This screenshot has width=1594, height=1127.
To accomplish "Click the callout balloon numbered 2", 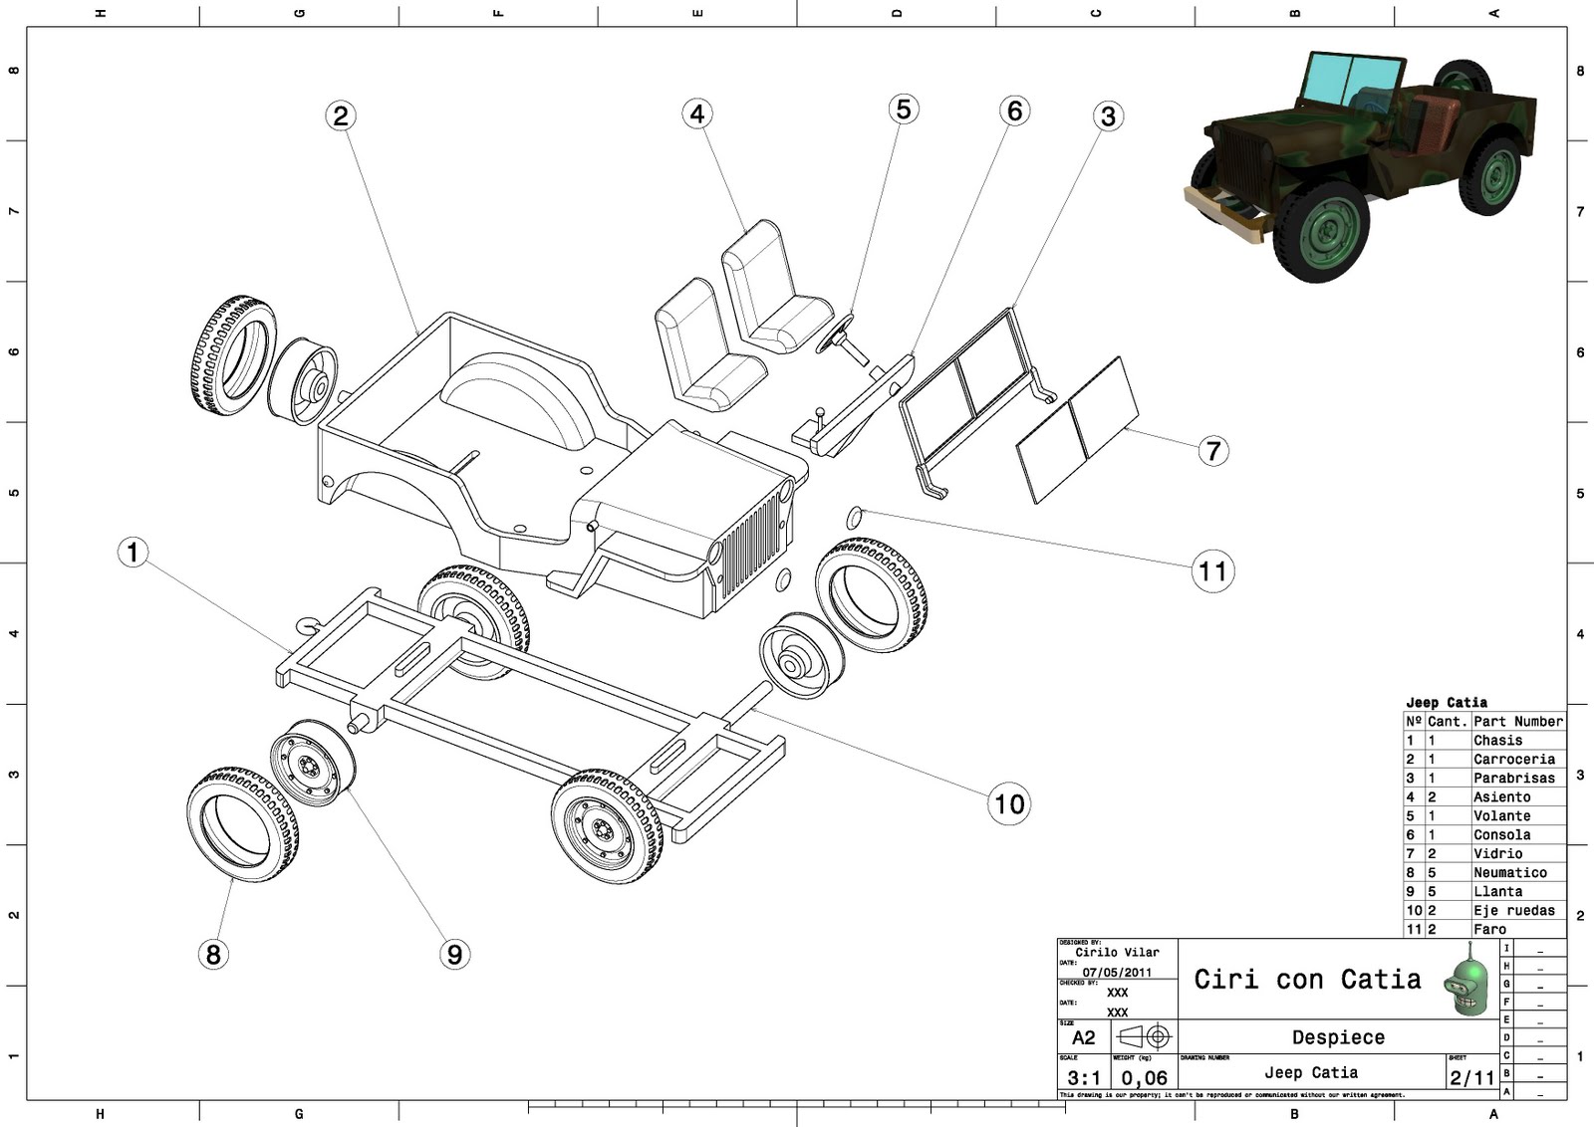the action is (341, 115).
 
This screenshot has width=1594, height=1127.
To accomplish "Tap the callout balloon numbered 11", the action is (1212, 571).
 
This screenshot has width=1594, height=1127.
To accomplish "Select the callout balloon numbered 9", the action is (454, 954).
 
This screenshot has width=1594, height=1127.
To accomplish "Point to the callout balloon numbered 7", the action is (1212, 451).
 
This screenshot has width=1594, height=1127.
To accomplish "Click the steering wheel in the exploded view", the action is (834, 334).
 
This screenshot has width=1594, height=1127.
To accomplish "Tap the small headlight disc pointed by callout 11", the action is (854, 518).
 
